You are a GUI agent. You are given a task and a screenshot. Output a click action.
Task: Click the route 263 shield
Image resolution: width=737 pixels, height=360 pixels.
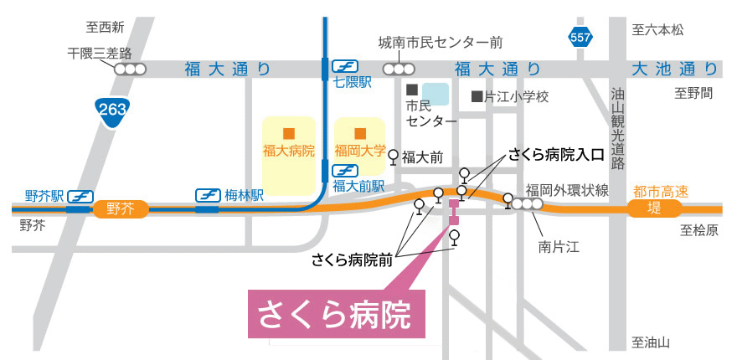pyautogui.click(x=111, y=111)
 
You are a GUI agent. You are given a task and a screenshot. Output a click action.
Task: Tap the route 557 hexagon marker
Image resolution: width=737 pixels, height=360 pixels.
pyautogui.click(x=580, y=37)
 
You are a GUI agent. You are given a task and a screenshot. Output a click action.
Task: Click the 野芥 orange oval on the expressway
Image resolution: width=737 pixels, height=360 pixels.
pyautogui.click(x=120, y=208)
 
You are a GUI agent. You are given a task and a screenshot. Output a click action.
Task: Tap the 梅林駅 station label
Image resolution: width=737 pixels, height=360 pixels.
pyautogui.click(x=244, y=195)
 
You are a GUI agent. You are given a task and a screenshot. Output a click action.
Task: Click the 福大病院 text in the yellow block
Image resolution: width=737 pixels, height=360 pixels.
pyautogui.click(x=287, y=152)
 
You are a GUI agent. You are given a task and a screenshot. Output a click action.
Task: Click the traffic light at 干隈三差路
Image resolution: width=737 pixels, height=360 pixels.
pyautogui.click(x=131, y=69)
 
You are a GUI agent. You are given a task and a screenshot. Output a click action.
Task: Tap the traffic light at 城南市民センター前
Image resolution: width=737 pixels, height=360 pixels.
pyautogui.click(x=399, y=69)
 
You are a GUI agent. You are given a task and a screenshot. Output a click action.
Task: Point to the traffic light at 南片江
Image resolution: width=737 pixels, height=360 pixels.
pyautogui.click(x=528, y=203)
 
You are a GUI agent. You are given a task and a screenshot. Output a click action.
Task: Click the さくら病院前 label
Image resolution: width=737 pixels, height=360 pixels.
pyautogui.click(x=352, y=260)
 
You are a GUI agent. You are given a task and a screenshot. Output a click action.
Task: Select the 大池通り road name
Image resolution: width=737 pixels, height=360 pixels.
pyautogui.click(x=674, y=69)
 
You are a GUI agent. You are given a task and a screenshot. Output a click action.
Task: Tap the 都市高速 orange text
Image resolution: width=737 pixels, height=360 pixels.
pyautogui.click(x=662, y=192)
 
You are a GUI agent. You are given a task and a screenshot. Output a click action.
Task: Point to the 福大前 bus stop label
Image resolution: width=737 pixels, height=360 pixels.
pyautogui.click(x=422, y=156)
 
